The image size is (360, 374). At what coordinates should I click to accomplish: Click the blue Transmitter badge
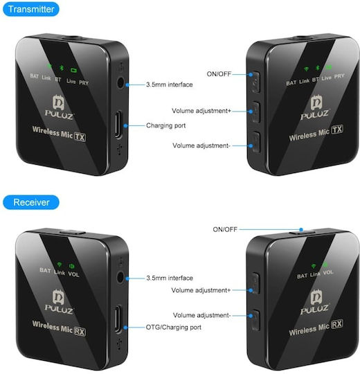coord(31,9)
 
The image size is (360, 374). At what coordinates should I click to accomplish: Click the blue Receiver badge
coord(31,202)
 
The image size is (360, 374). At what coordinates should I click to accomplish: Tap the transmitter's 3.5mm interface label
coord(170,84)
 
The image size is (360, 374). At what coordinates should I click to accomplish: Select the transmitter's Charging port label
coord(165,125)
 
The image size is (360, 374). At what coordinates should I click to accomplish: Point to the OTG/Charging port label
coord(173,327)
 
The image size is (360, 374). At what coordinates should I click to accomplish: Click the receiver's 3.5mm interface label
coord(170,278)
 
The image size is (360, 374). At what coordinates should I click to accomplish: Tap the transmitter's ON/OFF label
coord(219,74)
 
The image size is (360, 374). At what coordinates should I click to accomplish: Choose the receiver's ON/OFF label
coord(225,229)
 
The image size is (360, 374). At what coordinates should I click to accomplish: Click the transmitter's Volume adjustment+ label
coord(201,111)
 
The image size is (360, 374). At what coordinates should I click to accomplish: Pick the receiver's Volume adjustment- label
coord(201,315)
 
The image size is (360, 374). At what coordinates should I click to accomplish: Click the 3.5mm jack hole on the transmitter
coord(120,83)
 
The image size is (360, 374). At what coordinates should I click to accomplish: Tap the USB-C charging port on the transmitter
coord(118,124)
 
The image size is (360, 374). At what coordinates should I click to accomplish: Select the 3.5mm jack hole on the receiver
coord(120,278)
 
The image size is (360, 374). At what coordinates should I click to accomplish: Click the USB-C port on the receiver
coord(118,319)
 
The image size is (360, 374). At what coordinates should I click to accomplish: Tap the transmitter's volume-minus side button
coord(255,142)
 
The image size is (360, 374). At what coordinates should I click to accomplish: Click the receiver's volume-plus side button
coord(255,283)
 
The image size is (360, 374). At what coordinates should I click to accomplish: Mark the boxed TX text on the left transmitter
coord(80,137)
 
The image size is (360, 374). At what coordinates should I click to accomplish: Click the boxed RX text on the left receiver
coord(80,332)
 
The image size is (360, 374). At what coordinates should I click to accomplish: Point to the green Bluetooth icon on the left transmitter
coord(62,68)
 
